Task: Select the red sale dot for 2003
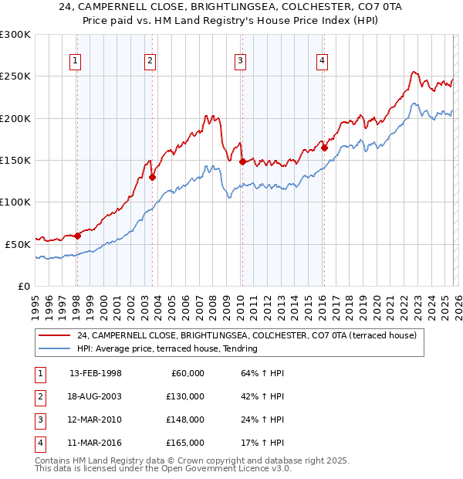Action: (x=152, y=177)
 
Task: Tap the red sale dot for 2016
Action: (x=324, y=148)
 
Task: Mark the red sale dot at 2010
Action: (x=242, y=161)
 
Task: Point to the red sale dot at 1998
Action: (x=77, y=236)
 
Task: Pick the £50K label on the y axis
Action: (x=18, y=244)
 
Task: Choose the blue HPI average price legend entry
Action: (x=171, y=349)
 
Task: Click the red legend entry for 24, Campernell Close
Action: (x=246, y=335)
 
